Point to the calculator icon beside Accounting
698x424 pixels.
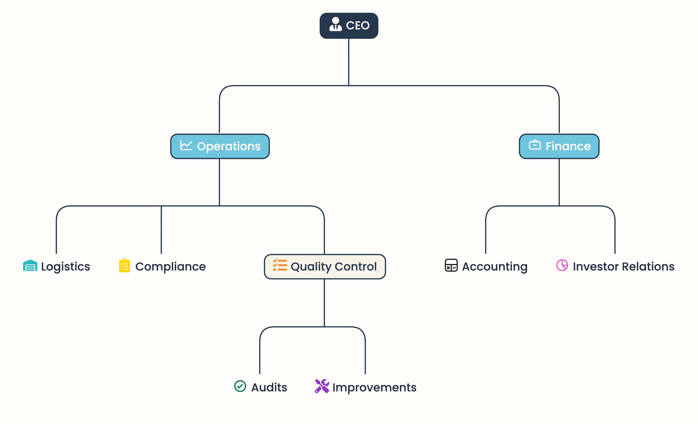click(x=451, y=265)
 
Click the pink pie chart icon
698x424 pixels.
click(x=562, y=265)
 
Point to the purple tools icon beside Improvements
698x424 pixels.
click(x=322, y=386)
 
